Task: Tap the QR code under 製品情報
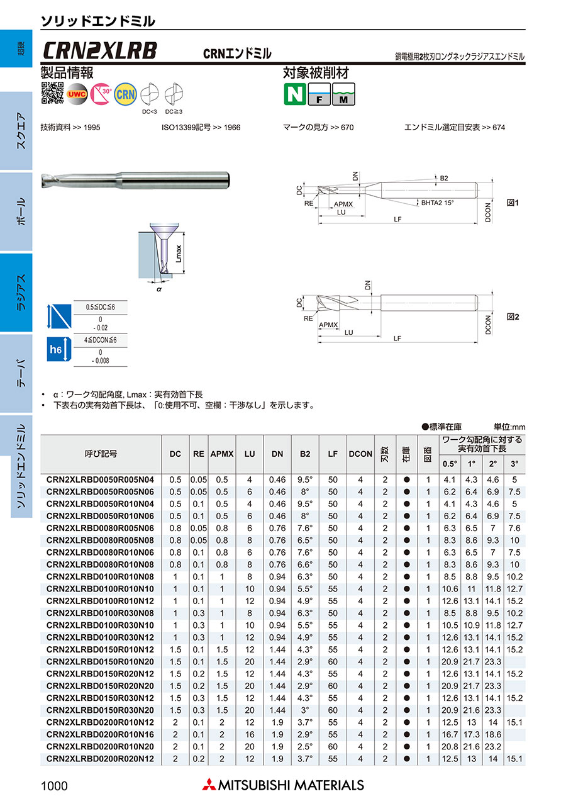coord(53,92)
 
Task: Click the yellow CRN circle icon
coord(126,94)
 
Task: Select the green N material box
coord(294,94)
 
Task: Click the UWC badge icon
coord(77,94)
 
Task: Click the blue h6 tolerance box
coord(56,350)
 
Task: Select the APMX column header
coord(221,453)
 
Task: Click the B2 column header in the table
coord(305,453)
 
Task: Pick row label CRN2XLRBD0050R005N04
coord(101,479)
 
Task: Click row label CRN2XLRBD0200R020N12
coord(101,759)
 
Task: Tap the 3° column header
coord(514,464)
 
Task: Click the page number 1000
coord(54,785)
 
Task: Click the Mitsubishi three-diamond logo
coord(208,785)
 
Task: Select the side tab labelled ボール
coord(20,211)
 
